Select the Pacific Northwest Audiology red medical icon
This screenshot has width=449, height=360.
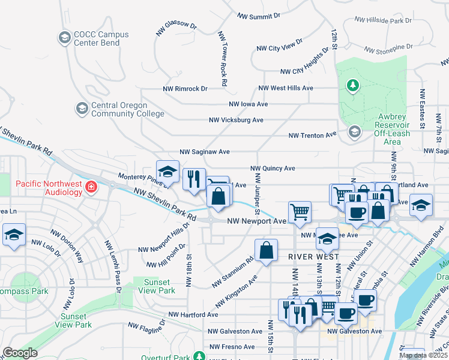[x=91, y=187]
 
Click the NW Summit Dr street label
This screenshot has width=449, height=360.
[x=259, y=16]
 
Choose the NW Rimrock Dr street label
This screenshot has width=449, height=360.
[x=185, y=88]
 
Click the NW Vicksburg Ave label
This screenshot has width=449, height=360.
[x=236, y=120]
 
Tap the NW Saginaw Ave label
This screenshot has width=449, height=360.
[x=205, y=152]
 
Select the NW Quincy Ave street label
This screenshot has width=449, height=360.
[x=273, y=169]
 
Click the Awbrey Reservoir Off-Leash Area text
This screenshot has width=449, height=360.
[x=380, y=129]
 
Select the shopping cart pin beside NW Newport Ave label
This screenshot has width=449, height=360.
[x=300, y=212]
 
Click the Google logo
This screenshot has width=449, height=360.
[x=20, y=353]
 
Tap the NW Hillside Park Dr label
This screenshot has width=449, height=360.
[x=383, y=20]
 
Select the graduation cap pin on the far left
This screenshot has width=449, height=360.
[x=13, y=235]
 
